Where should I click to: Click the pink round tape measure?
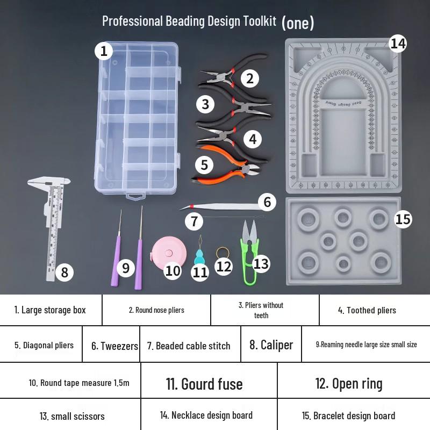pos(169,254)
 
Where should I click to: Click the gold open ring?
pos(223,253)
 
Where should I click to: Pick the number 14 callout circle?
pos(398,44)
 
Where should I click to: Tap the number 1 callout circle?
pos(104,51)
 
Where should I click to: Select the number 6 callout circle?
pos(267,202)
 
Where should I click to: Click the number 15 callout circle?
pos(403,219)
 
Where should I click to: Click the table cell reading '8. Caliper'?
pos(271,344)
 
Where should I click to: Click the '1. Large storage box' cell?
pos(51,310)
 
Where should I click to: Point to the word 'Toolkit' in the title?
pos(260,21)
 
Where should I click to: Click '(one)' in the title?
pos(298,23)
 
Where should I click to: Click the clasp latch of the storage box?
pos(135,197)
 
